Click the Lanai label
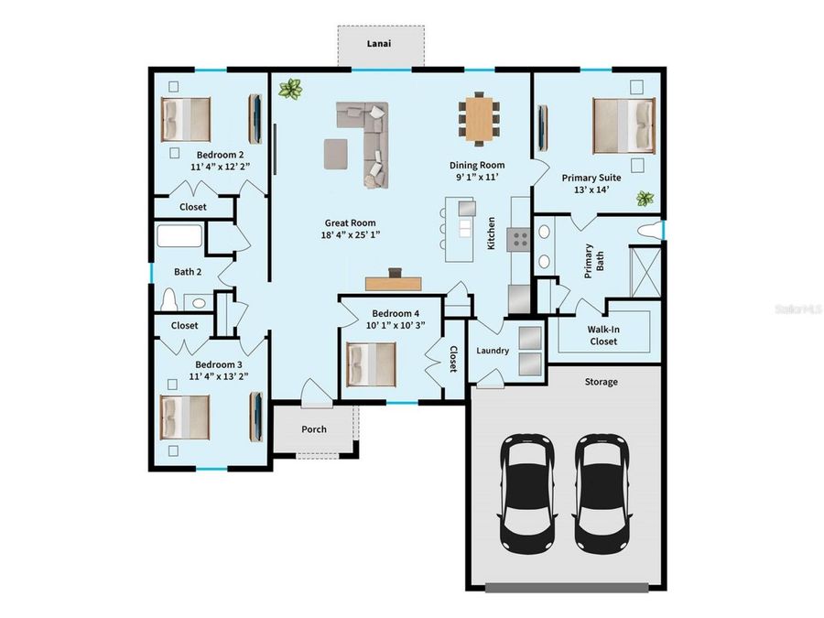click(x=380, y=43)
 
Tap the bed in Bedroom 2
click(x=186, y=118)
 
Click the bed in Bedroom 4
click(x=371, y=364)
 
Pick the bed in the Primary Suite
click(x=624, y=125)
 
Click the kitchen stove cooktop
click(x=520, y=240)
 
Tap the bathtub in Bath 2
click(x=179, y=236)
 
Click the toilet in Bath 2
click(x=168, y=299)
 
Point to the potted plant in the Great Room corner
click(x=291, y=89)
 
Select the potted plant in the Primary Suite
click(x=645, y=199)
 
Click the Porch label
click(x=314, y=429)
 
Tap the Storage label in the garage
click(x=601, y=382)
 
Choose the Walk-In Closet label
click(x=602, y=335)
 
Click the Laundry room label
click(x=493, y=351)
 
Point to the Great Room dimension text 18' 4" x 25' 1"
click(x=351, y=234)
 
